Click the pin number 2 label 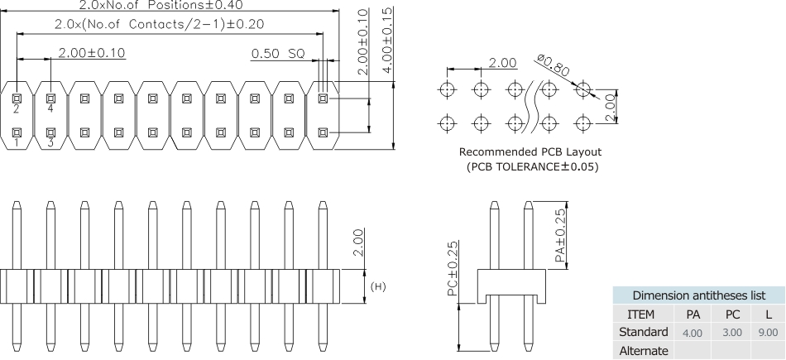click(x=17, y=108)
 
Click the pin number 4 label click(x=50, y=108)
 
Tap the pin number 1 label click(x=17, y=142)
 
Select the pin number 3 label click(x=50, y=142)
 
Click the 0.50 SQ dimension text click(x=278, y=54)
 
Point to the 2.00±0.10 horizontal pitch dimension click(x=91, y=53)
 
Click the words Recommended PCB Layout click(x=530, y=151)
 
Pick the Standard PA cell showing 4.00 click(x=692, y=333)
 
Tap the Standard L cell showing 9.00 click(x=768, y=333)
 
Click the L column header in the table click(x=768, y=314)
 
